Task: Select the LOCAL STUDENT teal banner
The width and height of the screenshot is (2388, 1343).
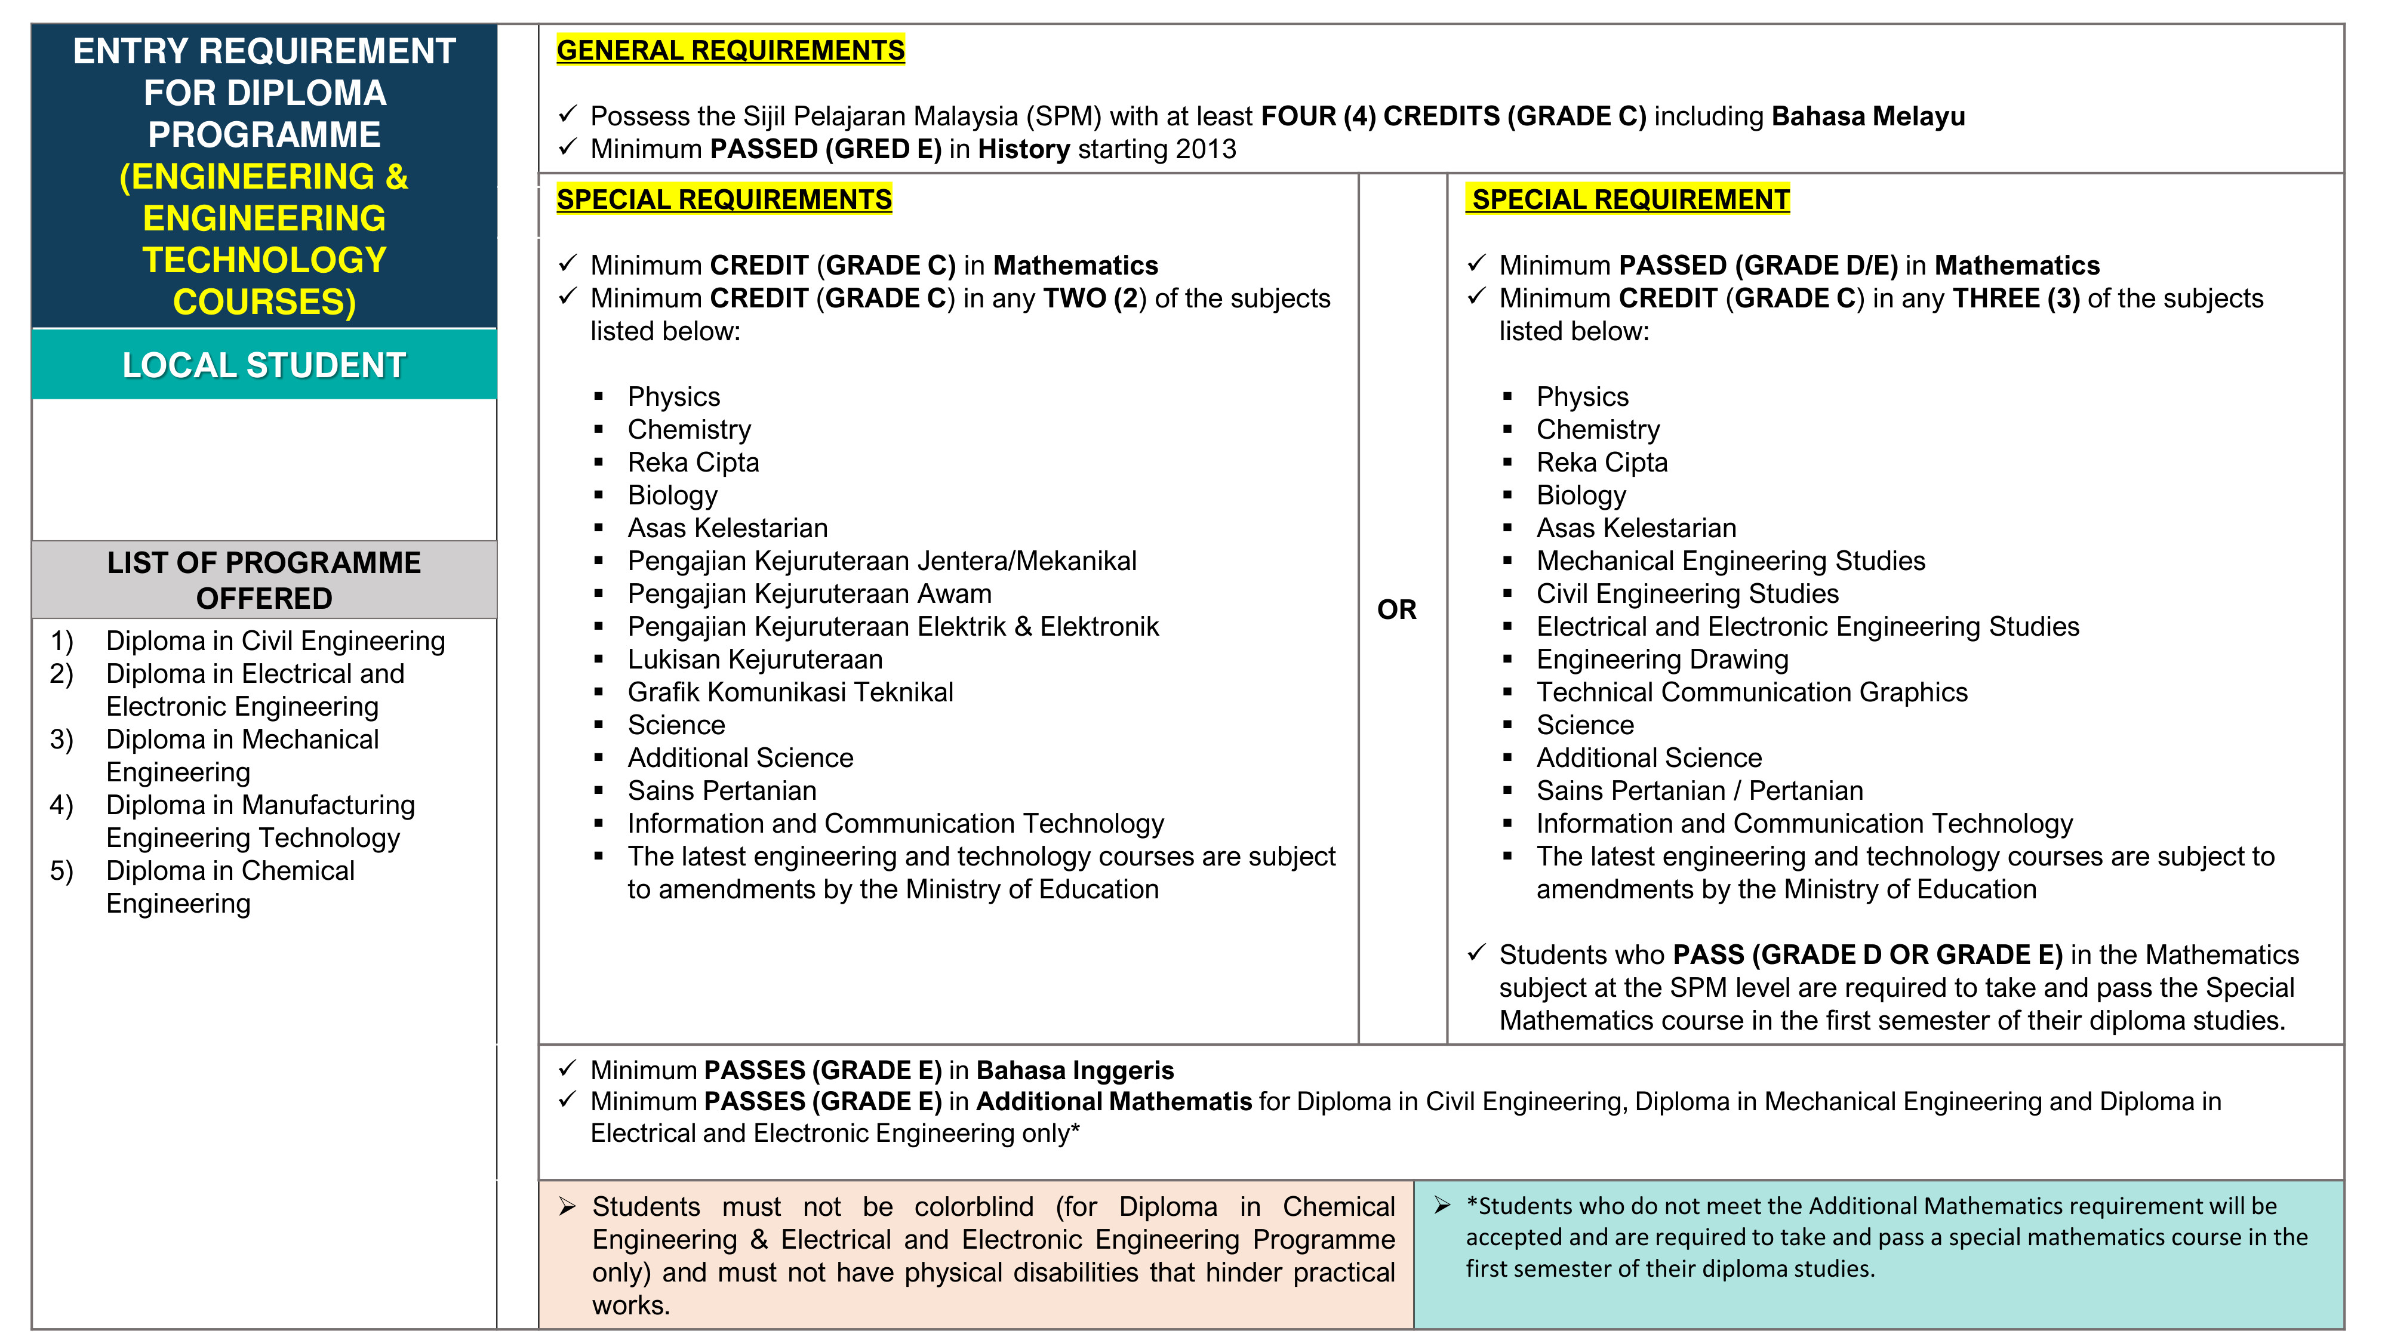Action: click(x=264, y=365)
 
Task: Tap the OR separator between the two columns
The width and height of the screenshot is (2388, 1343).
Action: click(x=1396, y=610)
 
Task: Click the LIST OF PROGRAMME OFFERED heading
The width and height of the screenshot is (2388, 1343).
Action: click(x=264, y=580)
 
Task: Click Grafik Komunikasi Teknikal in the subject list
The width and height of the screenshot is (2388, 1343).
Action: click(x=790, y=692)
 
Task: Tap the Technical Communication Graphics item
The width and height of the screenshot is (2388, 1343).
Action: click(x=1751, y=692)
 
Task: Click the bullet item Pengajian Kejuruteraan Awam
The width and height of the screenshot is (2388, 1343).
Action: click(x=810, y=593)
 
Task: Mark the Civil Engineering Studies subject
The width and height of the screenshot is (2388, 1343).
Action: click(x=1687, y=593)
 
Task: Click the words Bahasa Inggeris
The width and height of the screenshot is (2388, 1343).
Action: click(x=1075, y=1070)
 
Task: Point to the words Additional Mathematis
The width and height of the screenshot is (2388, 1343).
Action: click(x=1113, y=1102)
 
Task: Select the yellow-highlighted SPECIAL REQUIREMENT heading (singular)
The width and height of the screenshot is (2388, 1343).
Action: click(x=1629, y=199)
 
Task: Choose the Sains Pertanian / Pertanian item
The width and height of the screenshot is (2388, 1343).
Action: click(x=1699, y=791)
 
